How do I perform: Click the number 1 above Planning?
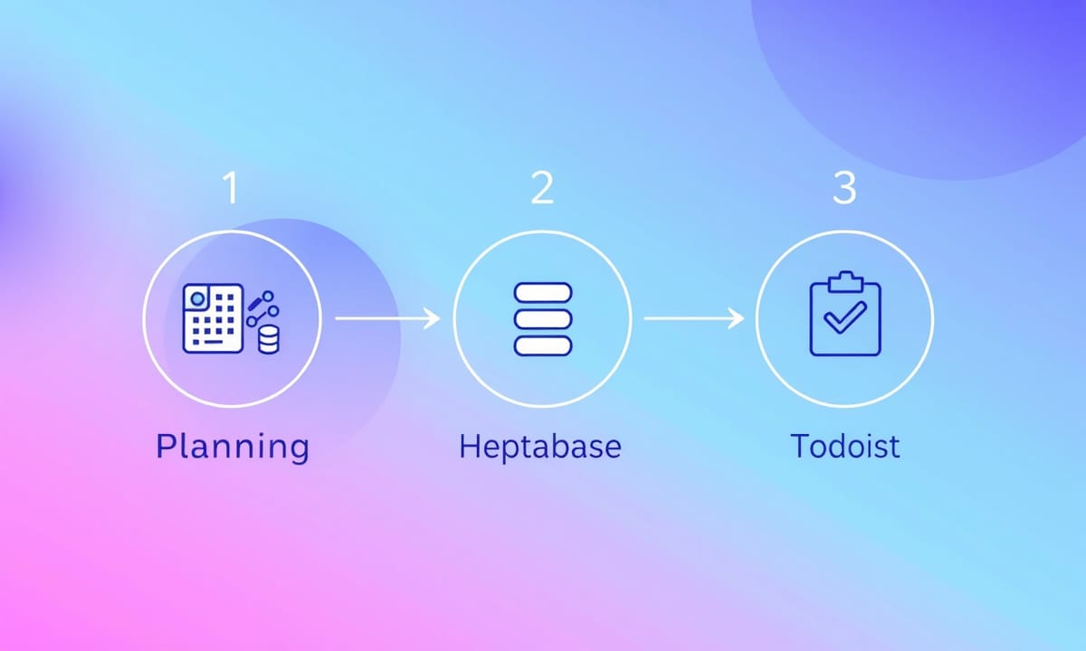(x=232, y=187)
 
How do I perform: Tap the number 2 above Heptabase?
(x=542, y=187)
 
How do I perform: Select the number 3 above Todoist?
(x=844, y=187)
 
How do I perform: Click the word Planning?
(x=233, y=448)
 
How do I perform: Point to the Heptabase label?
(x=540, y=447)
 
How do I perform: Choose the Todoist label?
(x=845, y=446)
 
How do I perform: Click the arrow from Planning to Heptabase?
(x=388, y=318)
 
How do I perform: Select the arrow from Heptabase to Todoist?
(x=694, y=318)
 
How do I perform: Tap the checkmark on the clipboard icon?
(x=844, y=317)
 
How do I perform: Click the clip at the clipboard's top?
(x=845, y=282)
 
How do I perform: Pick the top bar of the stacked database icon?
(x=543, y=293)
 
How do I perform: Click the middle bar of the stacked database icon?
(x=543, y=319)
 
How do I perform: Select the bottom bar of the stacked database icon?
(x=543, y=345)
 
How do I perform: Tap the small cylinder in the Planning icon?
(x=268, y=340)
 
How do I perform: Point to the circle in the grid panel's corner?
(x=197, y=299)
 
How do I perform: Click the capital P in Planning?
(x=166, y=445)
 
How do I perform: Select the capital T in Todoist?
(x=800, y=445)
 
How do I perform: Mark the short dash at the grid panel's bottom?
(x=213, y=342)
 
